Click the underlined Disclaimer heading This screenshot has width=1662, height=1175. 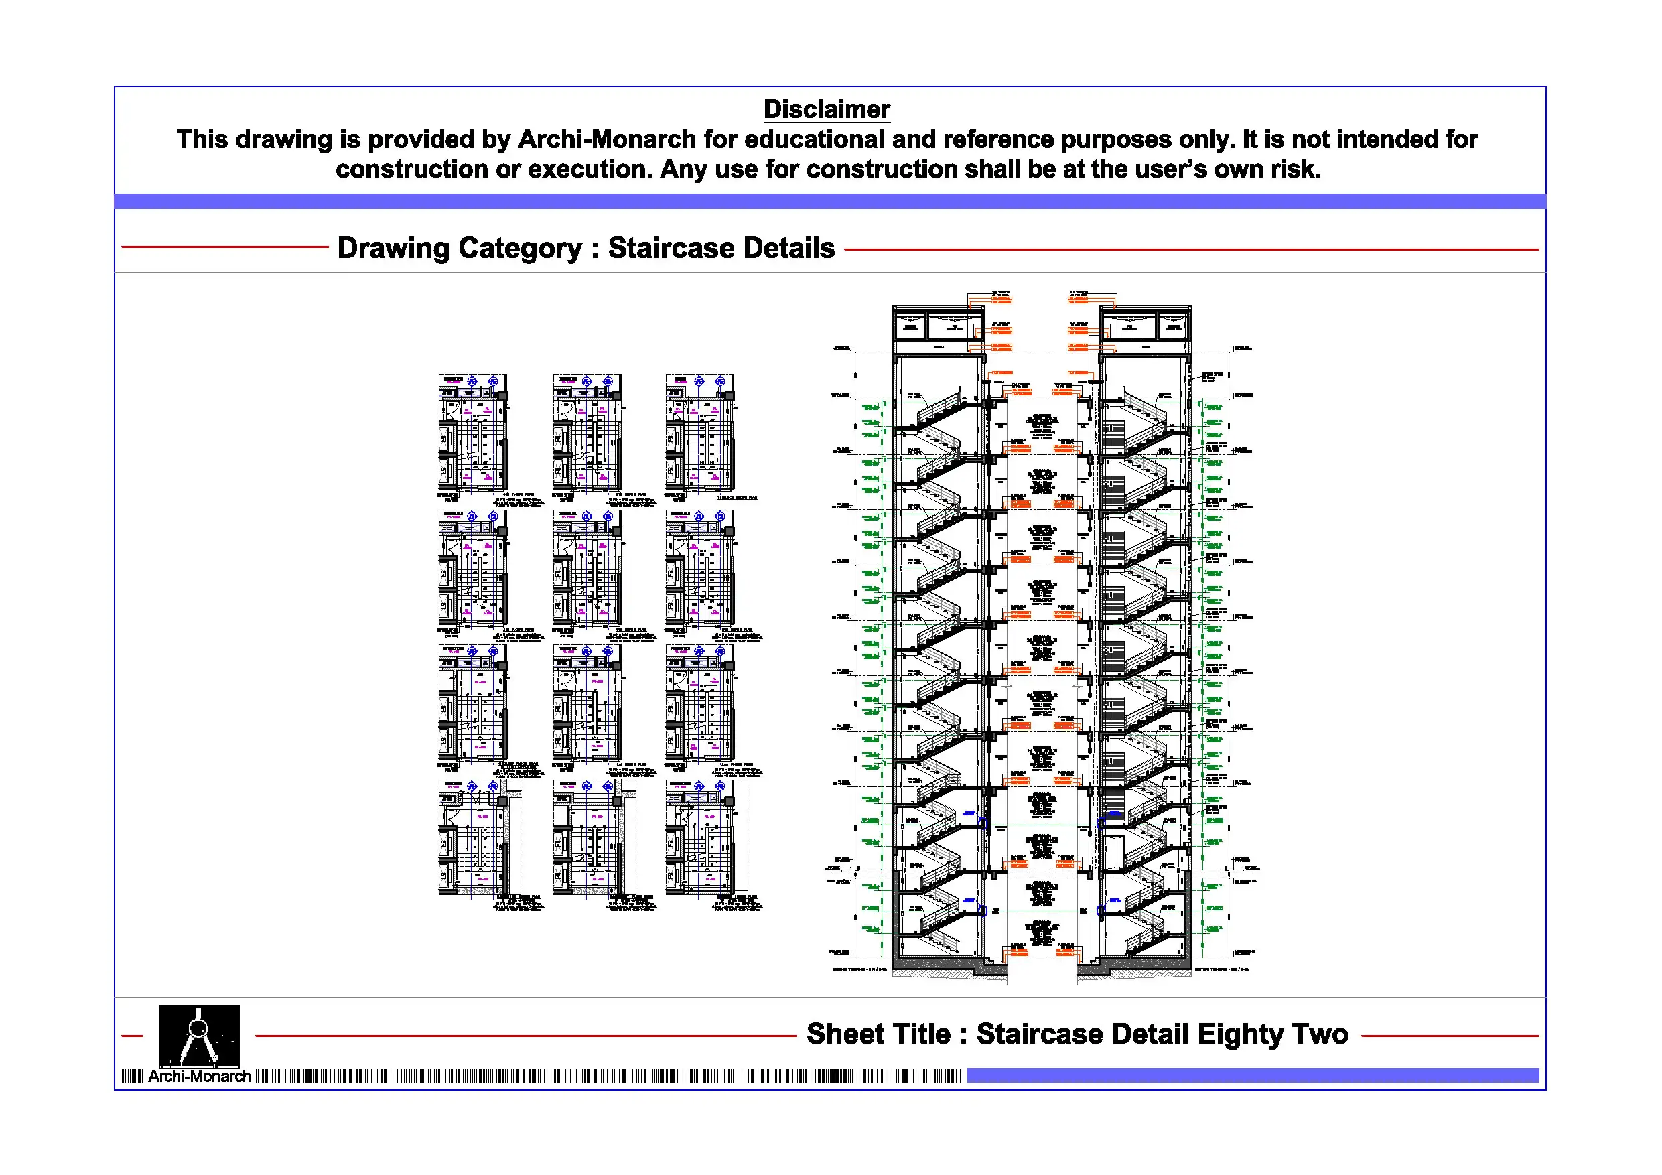click(826, 109)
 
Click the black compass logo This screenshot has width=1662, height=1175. click(199, 1035)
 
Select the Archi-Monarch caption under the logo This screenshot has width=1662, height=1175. click(199, 1076)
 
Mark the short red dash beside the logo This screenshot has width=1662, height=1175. click(133, 1036)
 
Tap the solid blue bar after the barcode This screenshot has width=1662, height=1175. click(1252, 1076)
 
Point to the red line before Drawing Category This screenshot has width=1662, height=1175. click(224, 247)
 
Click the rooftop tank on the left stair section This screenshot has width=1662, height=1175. click(937, 325)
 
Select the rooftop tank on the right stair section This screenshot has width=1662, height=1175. click(1144, 325)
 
